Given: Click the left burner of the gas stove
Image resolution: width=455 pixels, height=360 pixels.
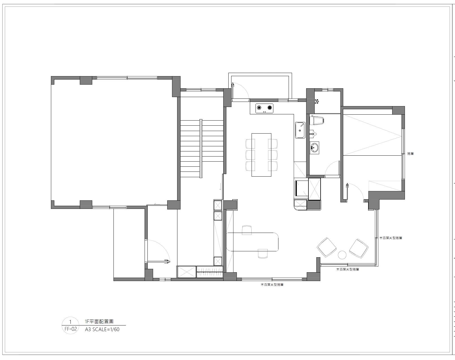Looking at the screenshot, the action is [259, 108].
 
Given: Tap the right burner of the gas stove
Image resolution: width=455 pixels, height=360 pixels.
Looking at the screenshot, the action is [270, 108].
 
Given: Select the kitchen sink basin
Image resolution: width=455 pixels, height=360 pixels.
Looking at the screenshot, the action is [300, 130].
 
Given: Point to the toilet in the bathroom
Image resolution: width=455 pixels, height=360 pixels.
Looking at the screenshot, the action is [317, 121].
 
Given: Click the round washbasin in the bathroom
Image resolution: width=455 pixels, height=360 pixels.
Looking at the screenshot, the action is [314, 147].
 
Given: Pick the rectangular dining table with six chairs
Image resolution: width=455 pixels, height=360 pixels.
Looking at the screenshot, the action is [261, 155].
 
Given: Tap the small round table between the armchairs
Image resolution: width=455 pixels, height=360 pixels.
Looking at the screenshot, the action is [342, 255].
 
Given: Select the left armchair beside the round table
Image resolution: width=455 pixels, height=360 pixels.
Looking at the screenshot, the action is [327, 247].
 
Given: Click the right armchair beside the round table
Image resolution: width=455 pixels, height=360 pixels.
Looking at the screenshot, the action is [359, 248].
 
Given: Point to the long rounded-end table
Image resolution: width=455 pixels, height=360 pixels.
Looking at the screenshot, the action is [252, 242].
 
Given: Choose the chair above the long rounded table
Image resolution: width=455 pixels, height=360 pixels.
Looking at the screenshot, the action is [247, 230].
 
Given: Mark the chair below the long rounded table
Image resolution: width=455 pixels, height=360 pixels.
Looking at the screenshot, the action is [263, 254].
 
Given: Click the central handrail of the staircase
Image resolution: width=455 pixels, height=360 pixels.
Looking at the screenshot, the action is [201, 149].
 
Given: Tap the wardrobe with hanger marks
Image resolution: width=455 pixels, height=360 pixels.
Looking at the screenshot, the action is [210, 272].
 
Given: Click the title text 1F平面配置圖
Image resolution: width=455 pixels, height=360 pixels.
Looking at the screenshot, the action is [99, 322].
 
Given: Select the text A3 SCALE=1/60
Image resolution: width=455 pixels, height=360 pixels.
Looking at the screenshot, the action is [102, 329].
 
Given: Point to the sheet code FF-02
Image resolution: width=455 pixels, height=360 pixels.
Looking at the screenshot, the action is [71, 329].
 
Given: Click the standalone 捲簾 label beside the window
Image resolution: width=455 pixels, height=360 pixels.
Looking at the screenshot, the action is [410, 154].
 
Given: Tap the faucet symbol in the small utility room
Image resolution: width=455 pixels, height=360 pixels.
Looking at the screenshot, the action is [317, 101].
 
